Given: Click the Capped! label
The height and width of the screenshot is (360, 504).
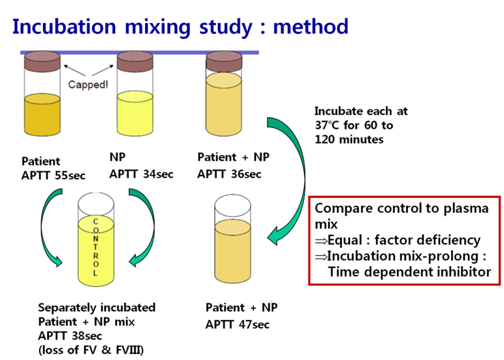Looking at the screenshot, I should pos(88,85).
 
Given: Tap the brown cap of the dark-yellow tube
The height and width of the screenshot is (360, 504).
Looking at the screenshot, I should pos(42,61).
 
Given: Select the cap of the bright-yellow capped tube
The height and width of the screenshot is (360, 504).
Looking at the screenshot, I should pos(135,61).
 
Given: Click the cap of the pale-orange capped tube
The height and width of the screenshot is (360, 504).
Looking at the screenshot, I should pos(224,61).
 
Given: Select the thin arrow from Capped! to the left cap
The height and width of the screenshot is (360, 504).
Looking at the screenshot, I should pos(74,70).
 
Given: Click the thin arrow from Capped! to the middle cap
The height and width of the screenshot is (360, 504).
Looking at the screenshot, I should pos(102,70).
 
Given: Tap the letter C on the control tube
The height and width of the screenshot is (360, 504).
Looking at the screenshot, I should pos(95,222).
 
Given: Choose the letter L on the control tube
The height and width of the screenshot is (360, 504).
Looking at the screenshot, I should pos(95,273).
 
